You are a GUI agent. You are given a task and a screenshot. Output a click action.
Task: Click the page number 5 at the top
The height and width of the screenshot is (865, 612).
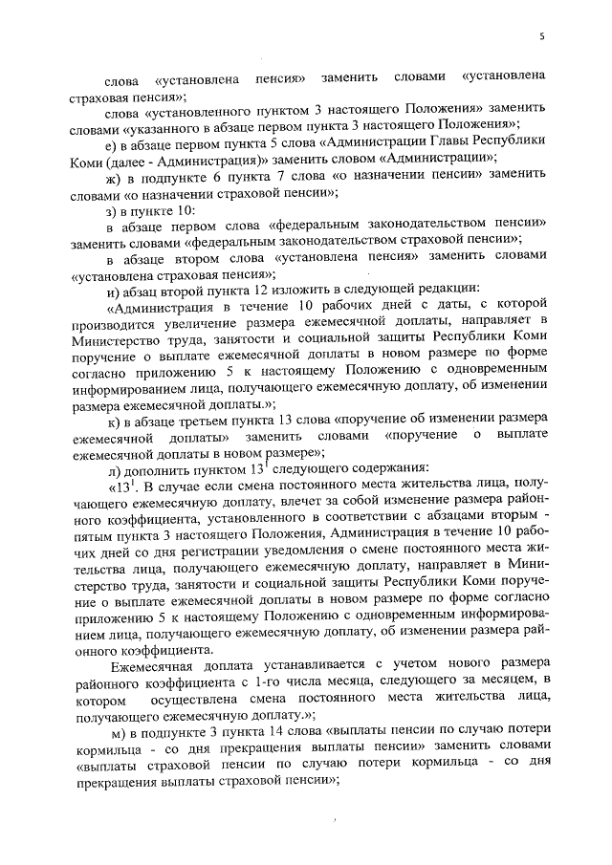(x=541, y=37)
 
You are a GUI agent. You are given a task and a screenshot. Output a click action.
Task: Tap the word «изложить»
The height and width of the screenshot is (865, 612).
(x=291, y=291)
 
